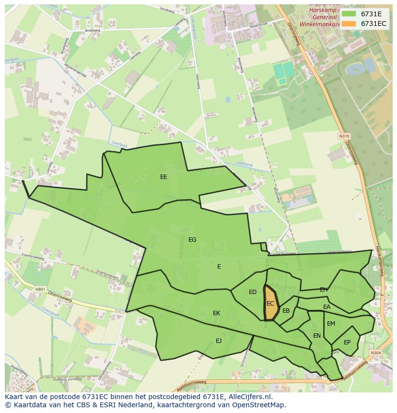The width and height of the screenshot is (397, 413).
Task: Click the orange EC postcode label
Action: tap(270, 304)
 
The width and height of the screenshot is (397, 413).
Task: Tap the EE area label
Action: tap(163, 177)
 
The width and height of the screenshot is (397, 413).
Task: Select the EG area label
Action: tap(192, 240)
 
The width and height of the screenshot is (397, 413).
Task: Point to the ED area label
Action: tap(253, 292)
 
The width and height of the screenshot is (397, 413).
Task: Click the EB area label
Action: tap(286, 311)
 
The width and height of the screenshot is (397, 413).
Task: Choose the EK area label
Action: tap(217, 313)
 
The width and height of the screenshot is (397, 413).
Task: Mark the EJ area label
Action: tap(219, 341)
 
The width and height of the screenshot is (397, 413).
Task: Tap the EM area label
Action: tap(331, 324)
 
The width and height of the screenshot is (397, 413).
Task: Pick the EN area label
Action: tap(317, 336)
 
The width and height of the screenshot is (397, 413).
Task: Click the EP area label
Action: tap(347, 342)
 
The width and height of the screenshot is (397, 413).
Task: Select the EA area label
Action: tap(327, 307)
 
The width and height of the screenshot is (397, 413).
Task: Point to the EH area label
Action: tap(324, 290)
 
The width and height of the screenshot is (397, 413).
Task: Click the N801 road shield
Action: tap(40, 289)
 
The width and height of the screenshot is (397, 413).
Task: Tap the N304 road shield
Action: tap(375, 353)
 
